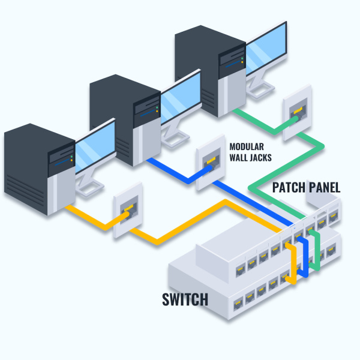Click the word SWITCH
pyautogui.click(x=185, y=299)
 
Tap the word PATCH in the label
pyautogui.click(x=290, y=187)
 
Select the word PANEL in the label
pyautogui.click(x=325, y=187)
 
